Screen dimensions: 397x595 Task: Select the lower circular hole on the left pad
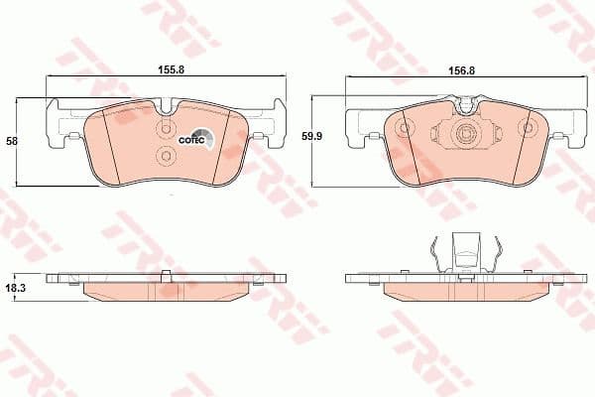click(x=166, y=155)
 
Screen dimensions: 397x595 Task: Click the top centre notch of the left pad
click(x=167, y=103)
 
